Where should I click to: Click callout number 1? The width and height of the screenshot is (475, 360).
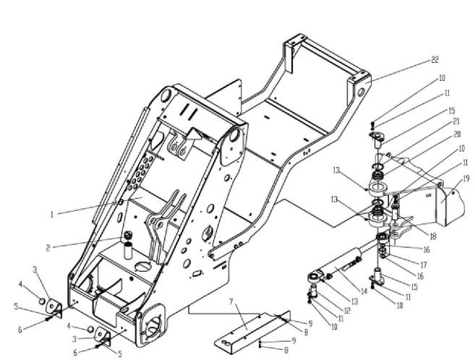point(52,215)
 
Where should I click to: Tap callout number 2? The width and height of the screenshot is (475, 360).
point(48,248)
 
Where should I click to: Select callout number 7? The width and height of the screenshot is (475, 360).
point(231,302)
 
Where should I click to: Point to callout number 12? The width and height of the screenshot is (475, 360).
point(347,311)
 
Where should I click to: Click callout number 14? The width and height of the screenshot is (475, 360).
point(364,291)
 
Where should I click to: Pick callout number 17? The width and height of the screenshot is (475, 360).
point(424,265)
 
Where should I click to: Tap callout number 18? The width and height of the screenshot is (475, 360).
point(433,236)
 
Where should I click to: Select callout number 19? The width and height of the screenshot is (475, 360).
point(466,179)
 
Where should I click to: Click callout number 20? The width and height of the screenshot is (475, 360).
point(457,134)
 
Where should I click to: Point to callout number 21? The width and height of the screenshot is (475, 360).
point(456,121)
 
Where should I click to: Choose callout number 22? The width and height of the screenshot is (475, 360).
point(435,60)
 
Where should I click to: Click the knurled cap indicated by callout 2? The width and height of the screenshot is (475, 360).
point(129,235)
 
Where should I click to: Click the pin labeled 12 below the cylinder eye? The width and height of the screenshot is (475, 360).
point(313,290)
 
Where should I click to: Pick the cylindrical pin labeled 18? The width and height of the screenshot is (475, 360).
point(395,212)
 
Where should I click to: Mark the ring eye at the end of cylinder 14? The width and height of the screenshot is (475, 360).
point(315,276)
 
